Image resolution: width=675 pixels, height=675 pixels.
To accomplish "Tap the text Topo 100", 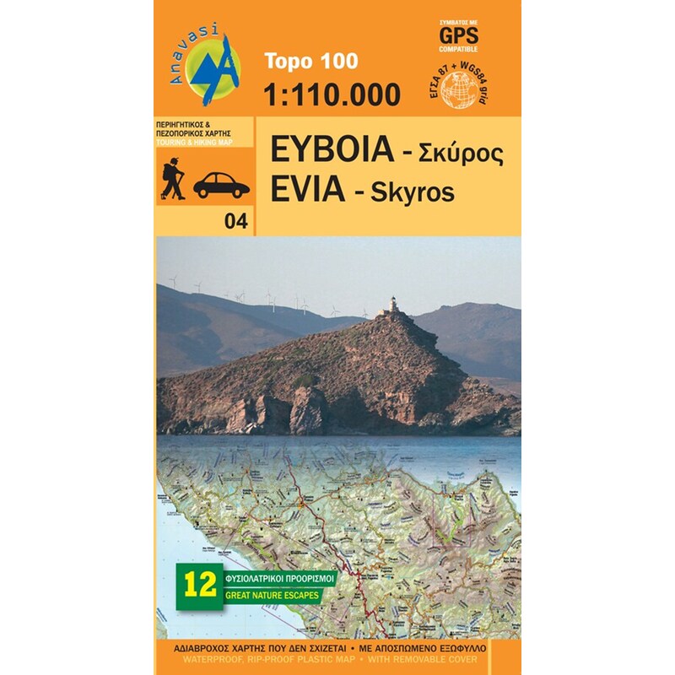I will tap(310, 61).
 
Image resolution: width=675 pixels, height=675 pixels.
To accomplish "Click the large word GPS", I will tap(457, 35).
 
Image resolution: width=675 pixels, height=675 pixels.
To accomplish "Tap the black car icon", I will tap(221, 185).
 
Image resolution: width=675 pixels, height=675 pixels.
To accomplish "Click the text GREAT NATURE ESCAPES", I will tap(267, 594).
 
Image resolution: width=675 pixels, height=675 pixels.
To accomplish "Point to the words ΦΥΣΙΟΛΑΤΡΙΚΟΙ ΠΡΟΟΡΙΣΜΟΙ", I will tap(279, 579).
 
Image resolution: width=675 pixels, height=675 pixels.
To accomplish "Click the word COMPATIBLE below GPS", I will tap(457, 50).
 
